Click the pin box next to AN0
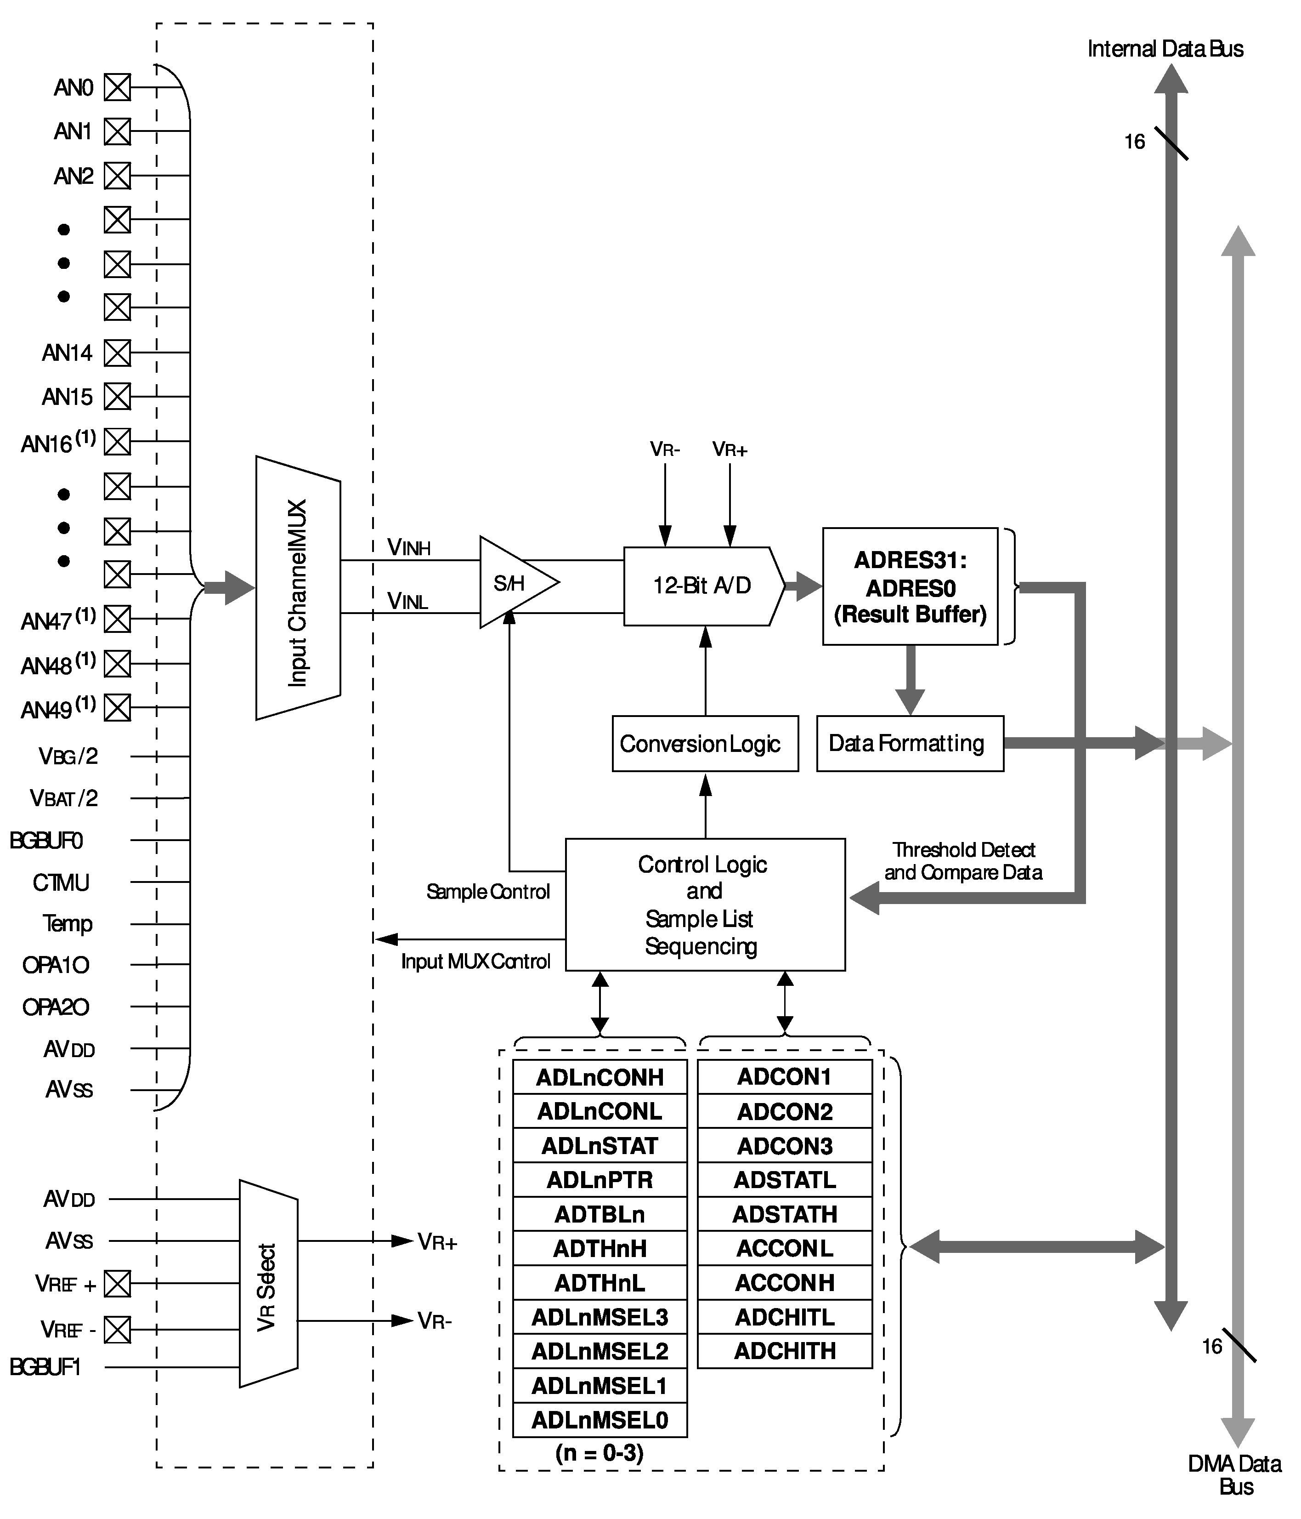click(x=117, y=87)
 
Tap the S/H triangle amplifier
click(x=513, y=583)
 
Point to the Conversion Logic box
click(x=704, y=743)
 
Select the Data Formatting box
click(x=909, y=743)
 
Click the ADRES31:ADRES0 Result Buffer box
click(x=910, y=586)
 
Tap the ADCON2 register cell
click(x=784, y=1111)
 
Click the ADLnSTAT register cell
click(x=600, y=1145)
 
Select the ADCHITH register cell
click(x=784, y=1350)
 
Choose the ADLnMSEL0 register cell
click(x=600, y=1420)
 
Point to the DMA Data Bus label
click(x=1235, y=1475)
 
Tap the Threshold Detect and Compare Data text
click(x=963, y=861)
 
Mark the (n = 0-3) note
click(x=600, y=1453)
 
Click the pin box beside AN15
click(x=117, y=397)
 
